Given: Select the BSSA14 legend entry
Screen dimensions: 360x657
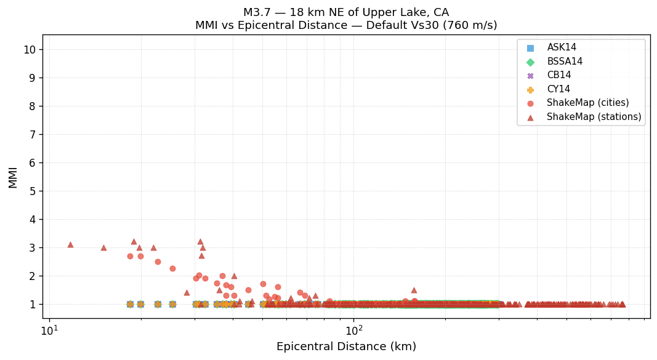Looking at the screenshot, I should point(565,62).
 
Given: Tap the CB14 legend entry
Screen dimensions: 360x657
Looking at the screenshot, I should point(558,75).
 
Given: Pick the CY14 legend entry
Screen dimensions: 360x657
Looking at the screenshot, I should point(558,89).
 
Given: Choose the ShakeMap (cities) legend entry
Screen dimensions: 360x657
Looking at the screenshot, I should point(587,103).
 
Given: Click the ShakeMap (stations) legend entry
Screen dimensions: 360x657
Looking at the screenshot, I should point(594,117).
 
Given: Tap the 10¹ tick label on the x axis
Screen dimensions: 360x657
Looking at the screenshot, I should point(49,330).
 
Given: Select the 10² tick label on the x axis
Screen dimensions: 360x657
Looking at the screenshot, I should point(353,330).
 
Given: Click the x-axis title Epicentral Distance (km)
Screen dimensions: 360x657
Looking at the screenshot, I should point(346,346).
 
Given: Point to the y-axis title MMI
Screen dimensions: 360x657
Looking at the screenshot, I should point(13,177).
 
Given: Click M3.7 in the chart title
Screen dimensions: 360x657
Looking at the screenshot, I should point(258,12).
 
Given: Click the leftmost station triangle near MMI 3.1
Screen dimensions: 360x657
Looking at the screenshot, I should point(70,244).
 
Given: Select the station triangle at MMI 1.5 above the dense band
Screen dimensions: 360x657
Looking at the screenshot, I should point(414,290).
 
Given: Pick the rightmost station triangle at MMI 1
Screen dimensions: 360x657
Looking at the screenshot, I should point(622,304).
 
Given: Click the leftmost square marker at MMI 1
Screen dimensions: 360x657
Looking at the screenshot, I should point(130,304).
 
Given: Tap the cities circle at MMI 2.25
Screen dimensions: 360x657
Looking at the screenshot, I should point(172,268).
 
